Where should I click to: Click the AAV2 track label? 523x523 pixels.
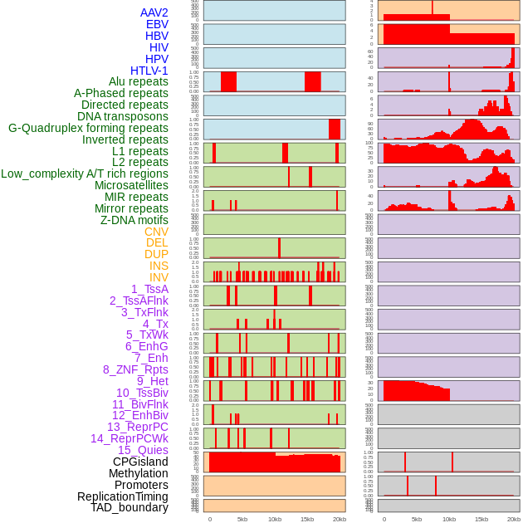(154, 12)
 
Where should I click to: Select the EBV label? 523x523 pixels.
(157, 24)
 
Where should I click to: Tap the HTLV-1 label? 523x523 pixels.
(149, 71)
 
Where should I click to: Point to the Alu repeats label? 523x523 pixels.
(138, 82)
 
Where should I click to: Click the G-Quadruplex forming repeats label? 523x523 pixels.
(88, 128)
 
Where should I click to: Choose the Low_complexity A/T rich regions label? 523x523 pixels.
(85, 174)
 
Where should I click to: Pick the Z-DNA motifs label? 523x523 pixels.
(134, 220)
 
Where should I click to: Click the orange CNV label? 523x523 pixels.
(156, 232)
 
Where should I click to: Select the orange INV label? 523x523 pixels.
(159, 277)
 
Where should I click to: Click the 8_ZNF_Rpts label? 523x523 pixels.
(135, 369)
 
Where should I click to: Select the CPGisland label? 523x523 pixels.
(140, 462)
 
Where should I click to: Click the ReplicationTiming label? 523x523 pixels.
(123, 496)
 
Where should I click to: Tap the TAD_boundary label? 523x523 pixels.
(130, 507)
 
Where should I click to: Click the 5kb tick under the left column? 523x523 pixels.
(242, 519)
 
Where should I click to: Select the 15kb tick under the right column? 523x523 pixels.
(481, 519)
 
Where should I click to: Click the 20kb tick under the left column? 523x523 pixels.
(340, 519)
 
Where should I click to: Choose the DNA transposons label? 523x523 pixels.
(123, 116)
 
